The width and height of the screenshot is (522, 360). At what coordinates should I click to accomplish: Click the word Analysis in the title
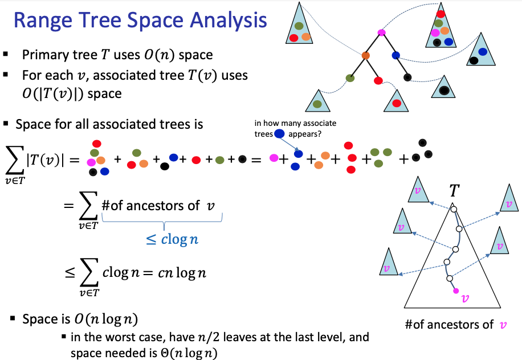[x=228, y=21]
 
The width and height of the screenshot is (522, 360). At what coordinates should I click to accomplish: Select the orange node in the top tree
[x=365, y=56]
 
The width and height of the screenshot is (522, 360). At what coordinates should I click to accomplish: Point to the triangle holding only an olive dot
[x=317, y=103]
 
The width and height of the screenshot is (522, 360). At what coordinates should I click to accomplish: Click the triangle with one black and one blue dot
[x=479, y=52]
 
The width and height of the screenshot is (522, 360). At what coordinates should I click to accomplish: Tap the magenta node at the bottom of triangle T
[x=455, y=291]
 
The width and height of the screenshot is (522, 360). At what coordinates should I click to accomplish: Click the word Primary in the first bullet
[x=47, y=55]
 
